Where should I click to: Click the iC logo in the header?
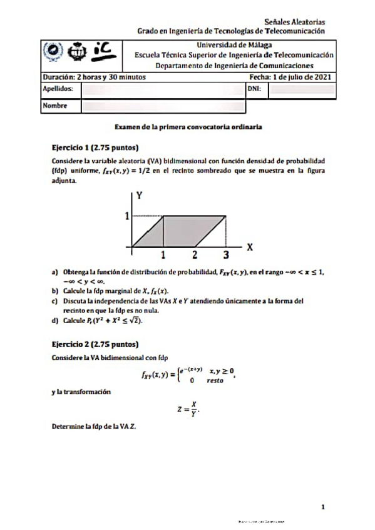coord(102,51)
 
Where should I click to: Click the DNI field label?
coord(254,89)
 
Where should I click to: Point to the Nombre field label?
coord(54,106)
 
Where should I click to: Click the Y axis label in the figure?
coord(140,195)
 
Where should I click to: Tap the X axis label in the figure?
coord(249,246)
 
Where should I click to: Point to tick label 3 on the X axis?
coord(226,255)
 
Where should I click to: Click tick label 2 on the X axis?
coord(195,255)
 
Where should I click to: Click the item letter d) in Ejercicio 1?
coord(56,321)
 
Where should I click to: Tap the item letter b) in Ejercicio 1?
coord(56,291)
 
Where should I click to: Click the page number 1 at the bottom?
coord(322,507)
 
